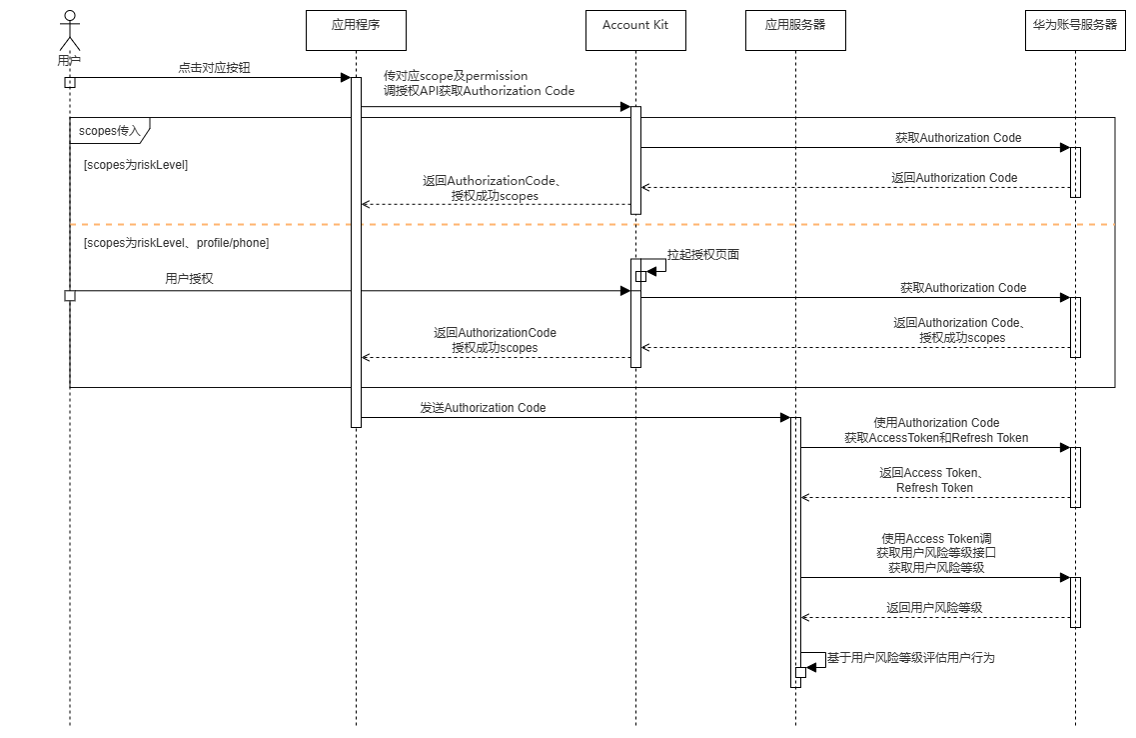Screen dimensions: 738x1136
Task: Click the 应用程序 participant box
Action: pyautogui.click(x=356, y=29)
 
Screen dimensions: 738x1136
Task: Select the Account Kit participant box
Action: pyautogui.click(x=635, y=29)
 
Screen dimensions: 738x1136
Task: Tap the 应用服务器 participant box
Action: pyautogui.click(x=795, y=29)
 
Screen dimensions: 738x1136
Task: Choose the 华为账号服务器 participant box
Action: pyautogui.click(x=1075, y=29)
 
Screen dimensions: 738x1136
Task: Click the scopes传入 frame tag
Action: pyautogui.click(x=109, y=130)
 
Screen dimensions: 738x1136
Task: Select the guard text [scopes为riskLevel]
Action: pyautogui.click(x=136, y=164)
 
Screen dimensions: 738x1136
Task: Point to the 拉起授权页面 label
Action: pyautogui.click(x=703, y=255)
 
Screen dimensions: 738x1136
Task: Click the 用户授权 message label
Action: pyautogui.click(x=189, y=279)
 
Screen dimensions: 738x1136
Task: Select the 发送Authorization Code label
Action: pyautogui.click(x=483, y=407)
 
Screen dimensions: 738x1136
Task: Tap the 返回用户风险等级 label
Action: pyautogui.click(x=935, y=607)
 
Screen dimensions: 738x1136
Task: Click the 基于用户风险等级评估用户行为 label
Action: pyautogui.click(x=910, y=658)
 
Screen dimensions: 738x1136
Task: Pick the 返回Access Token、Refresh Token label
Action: pyautogui.click(x=934, y=480)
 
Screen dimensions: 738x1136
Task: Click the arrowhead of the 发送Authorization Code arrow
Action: pyautogui.click(x=785, y=417)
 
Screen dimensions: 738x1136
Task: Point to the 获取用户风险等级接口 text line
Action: pyautogui.click(x=936, y=553)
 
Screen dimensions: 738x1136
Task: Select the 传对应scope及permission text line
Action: pyautogui.click(x=456, y=76)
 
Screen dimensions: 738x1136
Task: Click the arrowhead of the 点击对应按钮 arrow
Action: pyautogui.click(x=345, y=77)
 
